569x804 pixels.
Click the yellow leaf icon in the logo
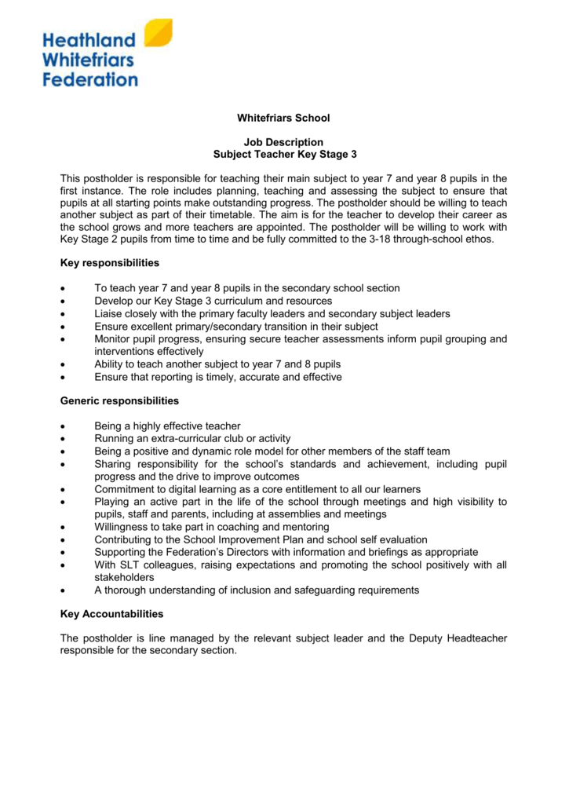click(x=159, y=34)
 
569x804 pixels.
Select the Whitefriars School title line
click(x=284, y=118)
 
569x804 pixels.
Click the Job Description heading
click(x=284, y=142)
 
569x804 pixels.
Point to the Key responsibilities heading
click(x=110, y=261)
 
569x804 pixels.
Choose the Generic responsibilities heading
click(x=119, y=401)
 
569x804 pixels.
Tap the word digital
click(x=181, y=489)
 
